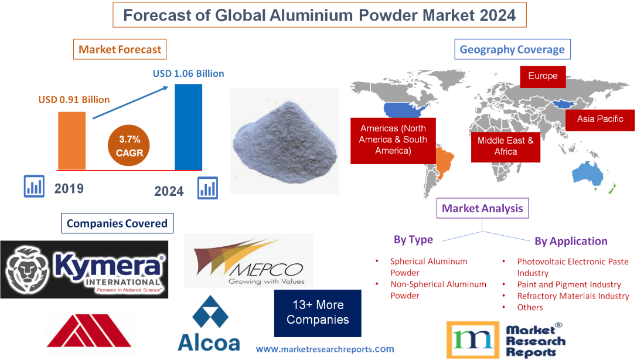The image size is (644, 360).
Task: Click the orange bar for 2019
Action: tap(71, 140)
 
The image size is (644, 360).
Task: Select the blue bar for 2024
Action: tap(189, 127)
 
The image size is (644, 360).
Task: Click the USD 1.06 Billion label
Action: tap(188, 74)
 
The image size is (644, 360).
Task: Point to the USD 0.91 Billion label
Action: tap(74, 100)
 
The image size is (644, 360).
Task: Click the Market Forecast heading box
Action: tap(120, 50)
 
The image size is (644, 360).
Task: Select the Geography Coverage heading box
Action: tap(512, 50)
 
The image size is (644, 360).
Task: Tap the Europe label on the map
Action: tap(543, 76)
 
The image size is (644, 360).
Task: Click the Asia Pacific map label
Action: tap(600, 119)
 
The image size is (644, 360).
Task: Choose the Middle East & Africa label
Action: tap(505, 145)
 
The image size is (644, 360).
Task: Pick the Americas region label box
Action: tap(393, 140)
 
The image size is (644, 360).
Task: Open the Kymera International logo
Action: tap(84, 269)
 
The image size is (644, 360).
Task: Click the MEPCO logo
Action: tap(248, 261)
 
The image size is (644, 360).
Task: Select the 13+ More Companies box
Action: tap(318, 313)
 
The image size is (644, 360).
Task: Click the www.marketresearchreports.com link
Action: tap(325, 349)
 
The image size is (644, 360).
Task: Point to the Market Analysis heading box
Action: tap(482, 208)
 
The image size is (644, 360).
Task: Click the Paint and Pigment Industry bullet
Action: tap(568, 284)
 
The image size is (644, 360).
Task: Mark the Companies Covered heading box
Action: tap(117, 223)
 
